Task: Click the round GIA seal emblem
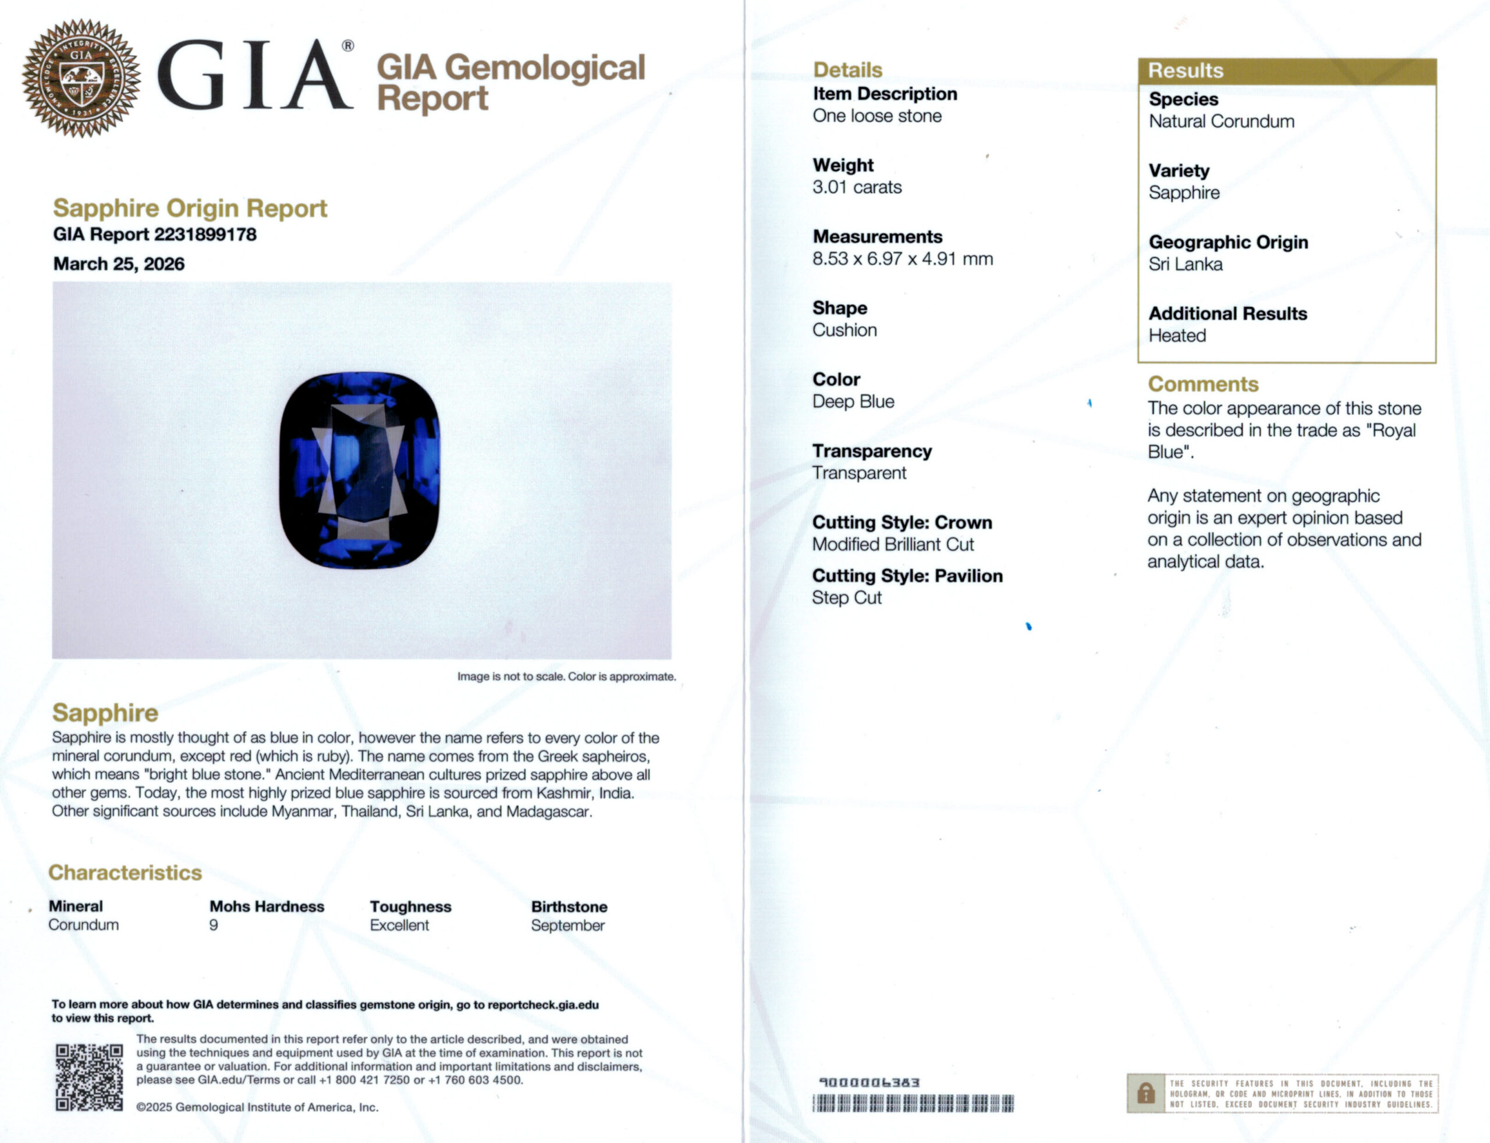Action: [x=81, y=77]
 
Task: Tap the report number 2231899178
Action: [x=205, y=235]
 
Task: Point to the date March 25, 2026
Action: [x=119, y=264]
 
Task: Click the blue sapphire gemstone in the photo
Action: [x=359, y=469]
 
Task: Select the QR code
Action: [x=89, y=1077]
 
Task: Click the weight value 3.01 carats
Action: [x=856, y=187]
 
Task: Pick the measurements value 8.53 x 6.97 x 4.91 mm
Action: [x=902, y=259]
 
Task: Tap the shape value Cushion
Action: [x=844, y=330]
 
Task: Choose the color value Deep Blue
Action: [x=853, y=401]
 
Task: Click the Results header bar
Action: [x=1286, y=71]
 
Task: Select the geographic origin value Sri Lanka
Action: [x=1185, y=264]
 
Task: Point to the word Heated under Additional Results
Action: [x=1177, y=336]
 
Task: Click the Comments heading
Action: [x=1202, y=384]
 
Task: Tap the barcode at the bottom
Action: [x=912, y=1103]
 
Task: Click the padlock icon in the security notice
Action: [x=1145, y=1094]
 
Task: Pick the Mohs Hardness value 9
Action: [x=214, y=925]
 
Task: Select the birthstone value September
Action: [x=567, y=925]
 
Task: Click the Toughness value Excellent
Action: [x=399, y=925]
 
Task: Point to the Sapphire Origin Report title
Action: [x=190, y=208]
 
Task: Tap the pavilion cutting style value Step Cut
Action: [x=846, y=598]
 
